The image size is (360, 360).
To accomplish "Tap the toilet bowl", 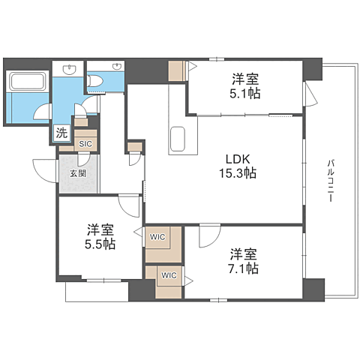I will pos(97,81).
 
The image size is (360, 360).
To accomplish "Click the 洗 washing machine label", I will pos(59,134).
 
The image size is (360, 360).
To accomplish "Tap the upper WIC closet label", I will pos(158,238).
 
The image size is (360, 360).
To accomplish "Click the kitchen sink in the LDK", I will pos(178,139).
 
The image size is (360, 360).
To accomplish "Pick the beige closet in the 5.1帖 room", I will pos(176,70).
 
